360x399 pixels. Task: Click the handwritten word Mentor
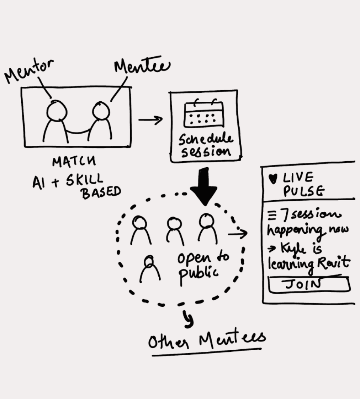(30, 71)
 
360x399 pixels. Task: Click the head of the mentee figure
(100, 110)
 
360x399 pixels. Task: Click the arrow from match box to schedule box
(150, 120)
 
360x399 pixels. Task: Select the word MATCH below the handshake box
(74, 162)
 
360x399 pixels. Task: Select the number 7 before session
(283, 215)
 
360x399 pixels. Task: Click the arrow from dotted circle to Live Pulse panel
(238, 234)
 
